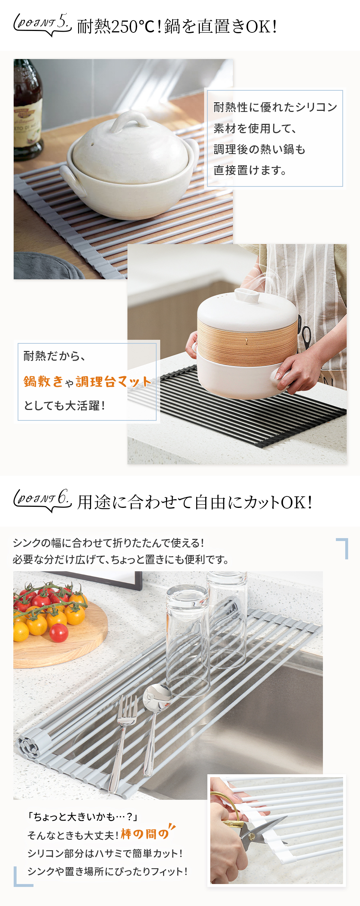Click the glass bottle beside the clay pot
coord(27,108)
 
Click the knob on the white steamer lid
coord(247,296)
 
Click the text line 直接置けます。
coord(250,170)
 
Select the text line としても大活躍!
coord(64,406)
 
